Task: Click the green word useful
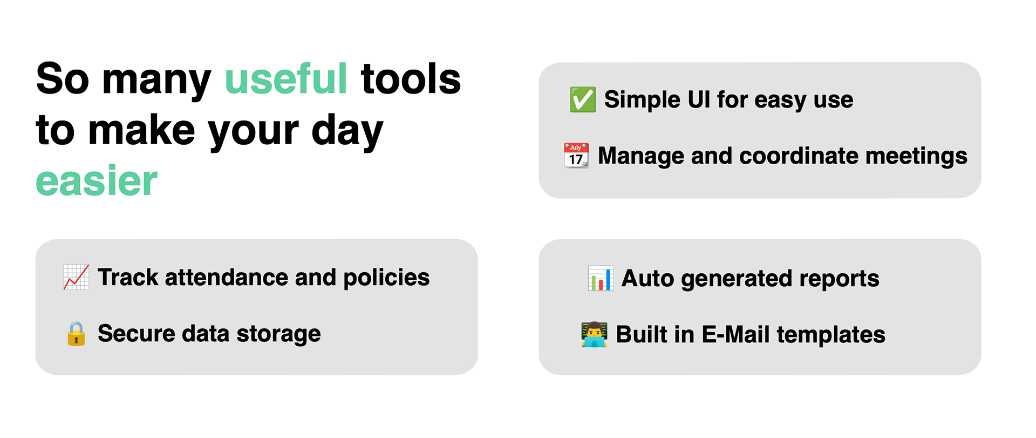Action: [286, 80]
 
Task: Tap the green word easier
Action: [97, 181]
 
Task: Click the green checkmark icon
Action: [583, 100]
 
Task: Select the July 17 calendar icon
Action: [576, 156]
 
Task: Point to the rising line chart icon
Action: [76, 277]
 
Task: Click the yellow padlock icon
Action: [76, 334]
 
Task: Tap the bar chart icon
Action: [601, 279]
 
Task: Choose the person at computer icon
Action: [594, 335]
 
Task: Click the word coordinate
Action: [799, 156]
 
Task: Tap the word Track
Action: [128, 278]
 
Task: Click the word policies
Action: [386, 278]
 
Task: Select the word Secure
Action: [136, 334]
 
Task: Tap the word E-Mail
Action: [735, 335]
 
